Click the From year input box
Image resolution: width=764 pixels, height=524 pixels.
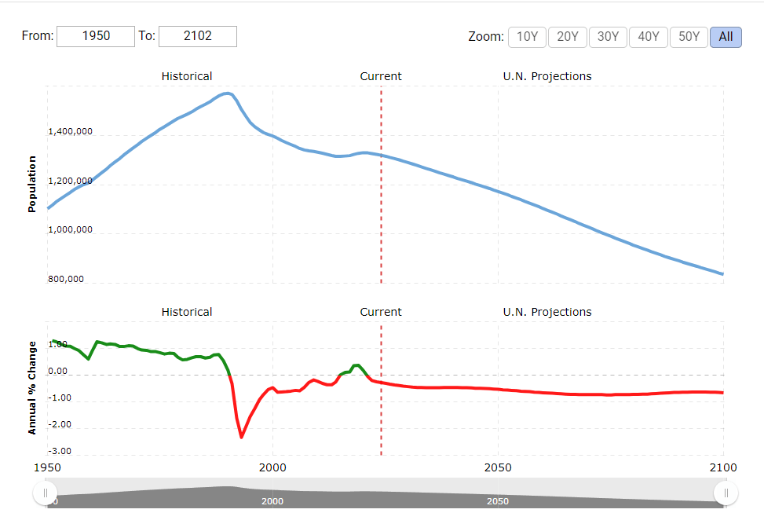pyautogui.click(x=96, y=36)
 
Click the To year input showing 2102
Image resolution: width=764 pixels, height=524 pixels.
pyautogui.click(x=198, y=36)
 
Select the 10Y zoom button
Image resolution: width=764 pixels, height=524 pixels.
pyautogui.click(x=527, y=37)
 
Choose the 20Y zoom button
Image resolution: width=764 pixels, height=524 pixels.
pyautogui.click(x=568, y=37)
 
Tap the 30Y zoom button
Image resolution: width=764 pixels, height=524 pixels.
pyautogui.click(x=608, y=37)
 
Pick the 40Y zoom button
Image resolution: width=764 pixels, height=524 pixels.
pyautogui.click(x=649, y=37)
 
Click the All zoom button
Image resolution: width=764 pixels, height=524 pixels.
pyautogui.click(x=726, y=37)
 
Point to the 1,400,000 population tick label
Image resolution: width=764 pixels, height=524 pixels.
pyautogui.click(x=71, y=132)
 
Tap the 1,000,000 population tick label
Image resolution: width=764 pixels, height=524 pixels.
pyautogui.click(x=71, y=230)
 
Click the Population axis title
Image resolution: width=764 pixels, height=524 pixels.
pyautogui.click(x=32, y=184)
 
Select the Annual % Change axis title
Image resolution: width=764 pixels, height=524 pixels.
pyautogui.click(x=32, y=387)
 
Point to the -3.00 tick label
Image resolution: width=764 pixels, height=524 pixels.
pyautogui.click(x=59, y=452)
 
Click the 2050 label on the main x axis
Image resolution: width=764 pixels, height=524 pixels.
pyautogui.click(x=498, y=468)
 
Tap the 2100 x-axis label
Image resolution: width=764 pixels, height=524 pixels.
pyautogui.click(x=722, y=468)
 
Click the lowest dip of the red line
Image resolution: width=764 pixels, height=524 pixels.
pyautogui.click(x=242, y=437)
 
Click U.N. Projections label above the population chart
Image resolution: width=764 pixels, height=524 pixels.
pyautogui.click(x=547, y=76)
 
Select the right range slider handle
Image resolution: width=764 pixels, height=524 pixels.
pyautogui.click(x=726, y=493)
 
